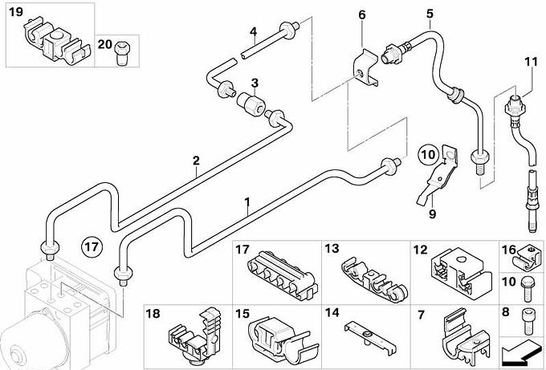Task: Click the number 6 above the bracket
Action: click(x=361, y=14)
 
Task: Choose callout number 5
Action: click(x=430, y=14)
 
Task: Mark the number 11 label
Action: click(x=530, y=62)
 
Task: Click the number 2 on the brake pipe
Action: click(x=196, y=161)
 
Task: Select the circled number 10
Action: click(x=428, y=152)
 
